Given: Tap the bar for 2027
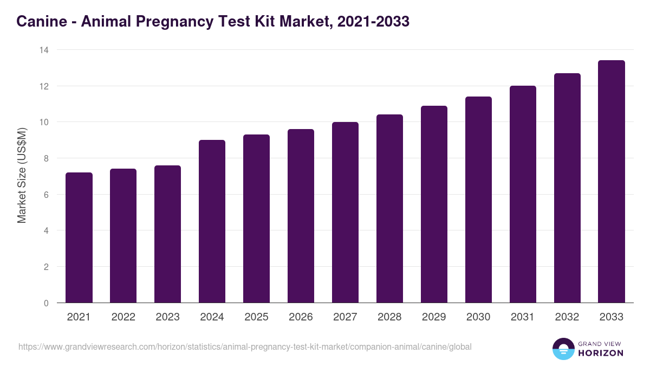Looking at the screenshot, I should click(345, 213).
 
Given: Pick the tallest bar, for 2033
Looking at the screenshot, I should click(612, 182).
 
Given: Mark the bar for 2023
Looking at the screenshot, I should click(168, 234).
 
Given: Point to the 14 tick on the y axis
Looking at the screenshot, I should click(44, 50).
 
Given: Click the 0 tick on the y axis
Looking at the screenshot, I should click(46, 303).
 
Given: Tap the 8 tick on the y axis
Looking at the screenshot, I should click(46, 158).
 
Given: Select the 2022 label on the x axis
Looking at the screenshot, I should click(123, 317).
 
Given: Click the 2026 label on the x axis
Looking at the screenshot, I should click(301, 317).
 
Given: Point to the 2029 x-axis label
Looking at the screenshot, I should click(434, 317).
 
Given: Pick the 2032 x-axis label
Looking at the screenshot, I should click(567, 317).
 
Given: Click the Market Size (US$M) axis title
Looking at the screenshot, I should click(22, 176).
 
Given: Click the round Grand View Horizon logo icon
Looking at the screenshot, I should click(563, 349).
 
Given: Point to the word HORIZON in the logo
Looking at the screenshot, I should click(601, 353).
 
